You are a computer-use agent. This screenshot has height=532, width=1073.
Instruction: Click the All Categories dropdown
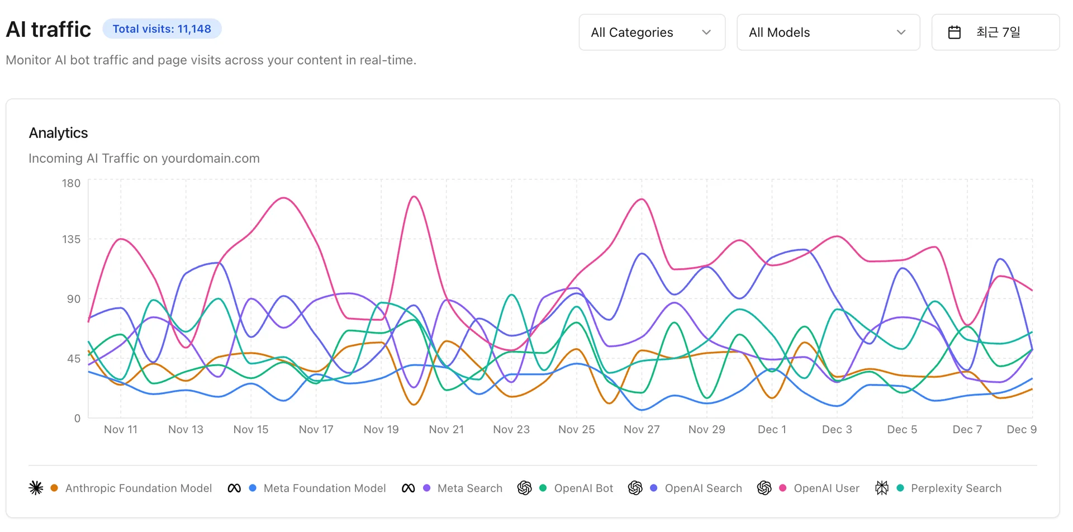(x=652, y=32)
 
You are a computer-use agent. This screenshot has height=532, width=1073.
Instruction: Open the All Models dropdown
(x=828, y=32)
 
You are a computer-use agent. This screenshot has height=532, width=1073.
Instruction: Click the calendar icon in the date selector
(x=955, y=32)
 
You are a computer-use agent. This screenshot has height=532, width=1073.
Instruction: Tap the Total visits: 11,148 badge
(x=162, y=29)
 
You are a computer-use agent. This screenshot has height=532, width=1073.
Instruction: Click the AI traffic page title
(x=49, y=30)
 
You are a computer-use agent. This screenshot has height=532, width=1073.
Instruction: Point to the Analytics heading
(x=59, y=133)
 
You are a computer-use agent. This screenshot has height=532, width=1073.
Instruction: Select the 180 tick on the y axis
(x=71, y=183)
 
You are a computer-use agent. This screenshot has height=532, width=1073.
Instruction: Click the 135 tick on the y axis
(x=71, y=239)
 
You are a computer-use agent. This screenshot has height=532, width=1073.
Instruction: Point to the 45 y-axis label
(x=74, y=359)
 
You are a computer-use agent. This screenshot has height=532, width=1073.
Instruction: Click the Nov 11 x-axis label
(x=121, y=429)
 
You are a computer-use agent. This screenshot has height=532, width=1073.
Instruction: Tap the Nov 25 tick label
(x=576, y=429)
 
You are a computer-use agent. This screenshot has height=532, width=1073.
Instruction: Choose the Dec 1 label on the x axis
(x=772, y=429)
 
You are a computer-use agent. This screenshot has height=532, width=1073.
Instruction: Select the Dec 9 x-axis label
(x=1021, y=429)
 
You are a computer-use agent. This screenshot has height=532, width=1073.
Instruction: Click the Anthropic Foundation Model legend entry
(x=139, y=488)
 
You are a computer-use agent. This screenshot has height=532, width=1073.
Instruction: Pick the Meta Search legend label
(x=470, y=488)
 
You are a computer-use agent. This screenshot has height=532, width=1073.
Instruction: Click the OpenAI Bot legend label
(x=583, y=488)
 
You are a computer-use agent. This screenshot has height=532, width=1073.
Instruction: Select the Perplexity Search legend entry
(x=956, y=488)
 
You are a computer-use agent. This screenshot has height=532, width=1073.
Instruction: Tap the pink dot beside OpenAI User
(x=782, y=488)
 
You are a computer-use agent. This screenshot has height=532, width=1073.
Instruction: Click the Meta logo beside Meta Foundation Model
(x=234, y=488)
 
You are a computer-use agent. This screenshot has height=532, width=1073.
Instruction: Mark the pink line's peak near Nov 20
(x=414, y=197)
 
